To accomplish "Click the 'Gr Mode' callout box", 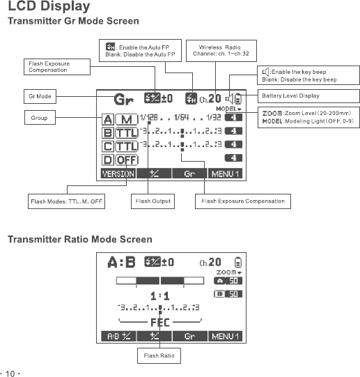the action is pos(40,96).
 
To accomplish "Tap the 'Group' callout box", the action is pos(40,117).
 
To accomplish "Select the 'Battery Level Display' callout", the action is pos(308,96).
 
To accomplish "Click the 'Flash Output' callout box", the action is pos(153,201).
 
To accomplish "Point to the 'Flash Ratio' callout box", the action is pos(159,355).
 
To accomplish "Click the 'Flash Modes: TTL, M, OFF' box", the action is pos(66,201).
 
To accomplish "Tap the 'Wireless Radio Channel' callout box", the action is pos(221,51).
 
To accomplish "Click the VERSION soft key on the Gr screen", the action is pos(118,174).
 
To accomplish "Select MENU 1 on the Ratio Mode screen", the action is pos(225,336).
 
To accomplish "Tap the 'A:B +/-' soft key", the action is pos(118,336).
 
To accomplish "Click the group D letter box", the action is pos(108,160).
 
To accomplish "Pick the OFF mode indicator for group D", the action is pos(127,160).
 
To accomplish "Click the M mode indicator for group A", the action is pos(127,119).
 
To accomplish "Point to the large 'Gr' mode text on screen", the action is pos(124,99).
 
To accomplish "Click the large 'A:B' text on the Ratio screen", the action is pos(122,262).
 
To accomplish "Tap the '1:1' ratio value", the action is pos(160,296).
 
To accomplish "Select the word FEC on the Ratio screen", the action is pos(160,323).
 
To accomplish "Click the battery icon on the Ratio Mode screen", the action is pos(238,262).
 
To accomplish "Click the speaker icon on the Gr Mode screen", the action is pos(229,98).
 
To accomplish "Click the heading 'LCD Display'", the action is pos(49,6).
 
